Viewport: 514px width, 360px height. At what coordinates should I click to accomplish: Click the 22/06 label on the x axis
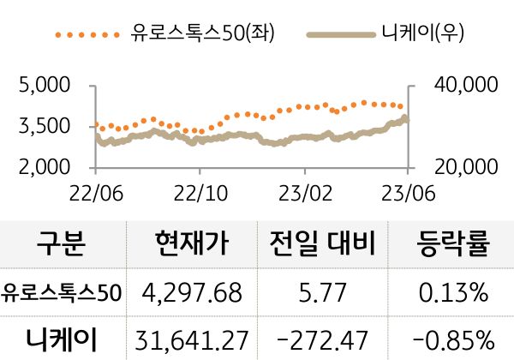[x=94, y=189]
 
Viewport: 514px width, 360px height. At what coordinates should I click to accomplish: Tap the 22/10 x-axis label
[x=199, y=189]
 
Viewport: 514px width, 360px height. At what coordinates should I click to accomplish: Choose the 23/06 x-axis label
[x=408, y=189]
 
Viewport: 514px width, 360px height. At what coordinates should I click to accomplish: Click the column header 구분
[x=62, y=247]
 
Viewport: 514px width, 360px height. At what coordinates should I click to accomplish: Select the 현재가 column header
[x=194, y=247]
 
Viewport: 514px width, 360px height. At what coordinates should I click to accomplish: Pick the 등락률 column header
[x=453, y=247]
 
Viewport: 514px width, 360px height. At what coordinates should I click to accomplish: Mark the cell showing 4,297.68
[x=194, y=293]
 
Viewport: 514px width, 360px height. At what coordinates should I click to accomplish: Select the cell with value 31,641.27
[x=194, y=338]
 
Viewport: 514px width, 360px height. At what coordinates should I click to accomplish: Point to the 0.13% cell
[x=453, y=293]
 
